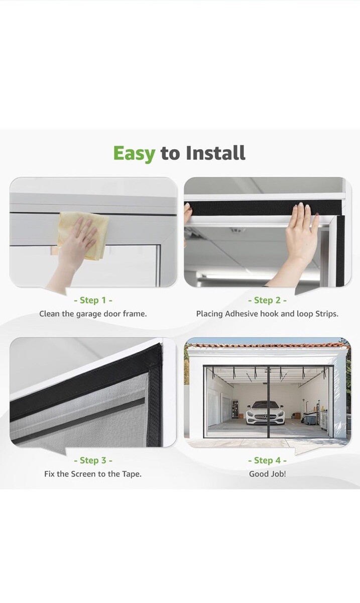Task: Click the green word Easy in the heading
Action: pos(134,153)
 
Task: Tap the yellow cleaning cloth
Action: pos(83,235)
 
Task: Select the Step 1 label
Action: pos(93,300)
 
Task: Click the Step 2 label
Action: pos(267,300)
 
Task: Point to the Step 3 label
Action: pos(93,460)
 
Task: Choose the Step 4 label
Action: pos(267,460)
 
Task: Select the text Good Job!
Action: pos(268,474)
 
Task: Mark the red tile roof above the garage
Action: pos(268,345)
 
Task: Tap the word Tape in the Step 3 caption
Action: pos(132,474)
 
